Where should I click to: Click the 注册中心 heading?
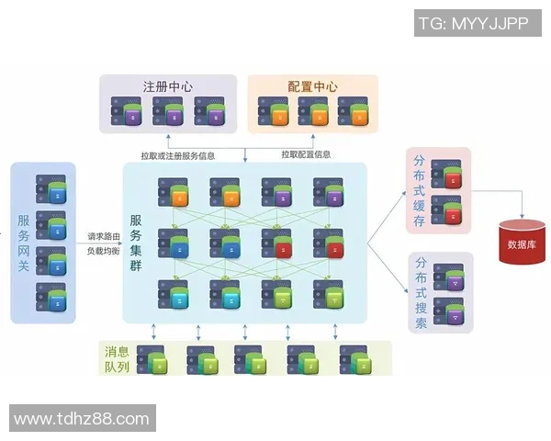click(167, 86)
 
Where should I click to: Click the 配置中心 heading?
click(312, 86)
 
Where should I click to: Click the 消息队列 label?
click(116, 358)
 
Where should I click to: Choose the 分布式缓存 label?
click(420, 188)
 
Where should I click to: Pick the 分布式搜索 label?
click(420, 293)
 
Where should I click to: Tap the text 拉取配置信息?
click(306, 153)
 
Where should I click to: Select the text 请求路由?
click(100, 236)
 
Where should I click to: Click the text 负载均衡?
click(100, 250)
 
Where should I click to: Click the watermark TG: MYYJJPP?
click(473, 24)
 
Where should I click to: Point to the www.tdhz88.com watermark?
click(82, 419)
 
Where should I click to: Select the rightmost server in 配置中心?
click(353, 113)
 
